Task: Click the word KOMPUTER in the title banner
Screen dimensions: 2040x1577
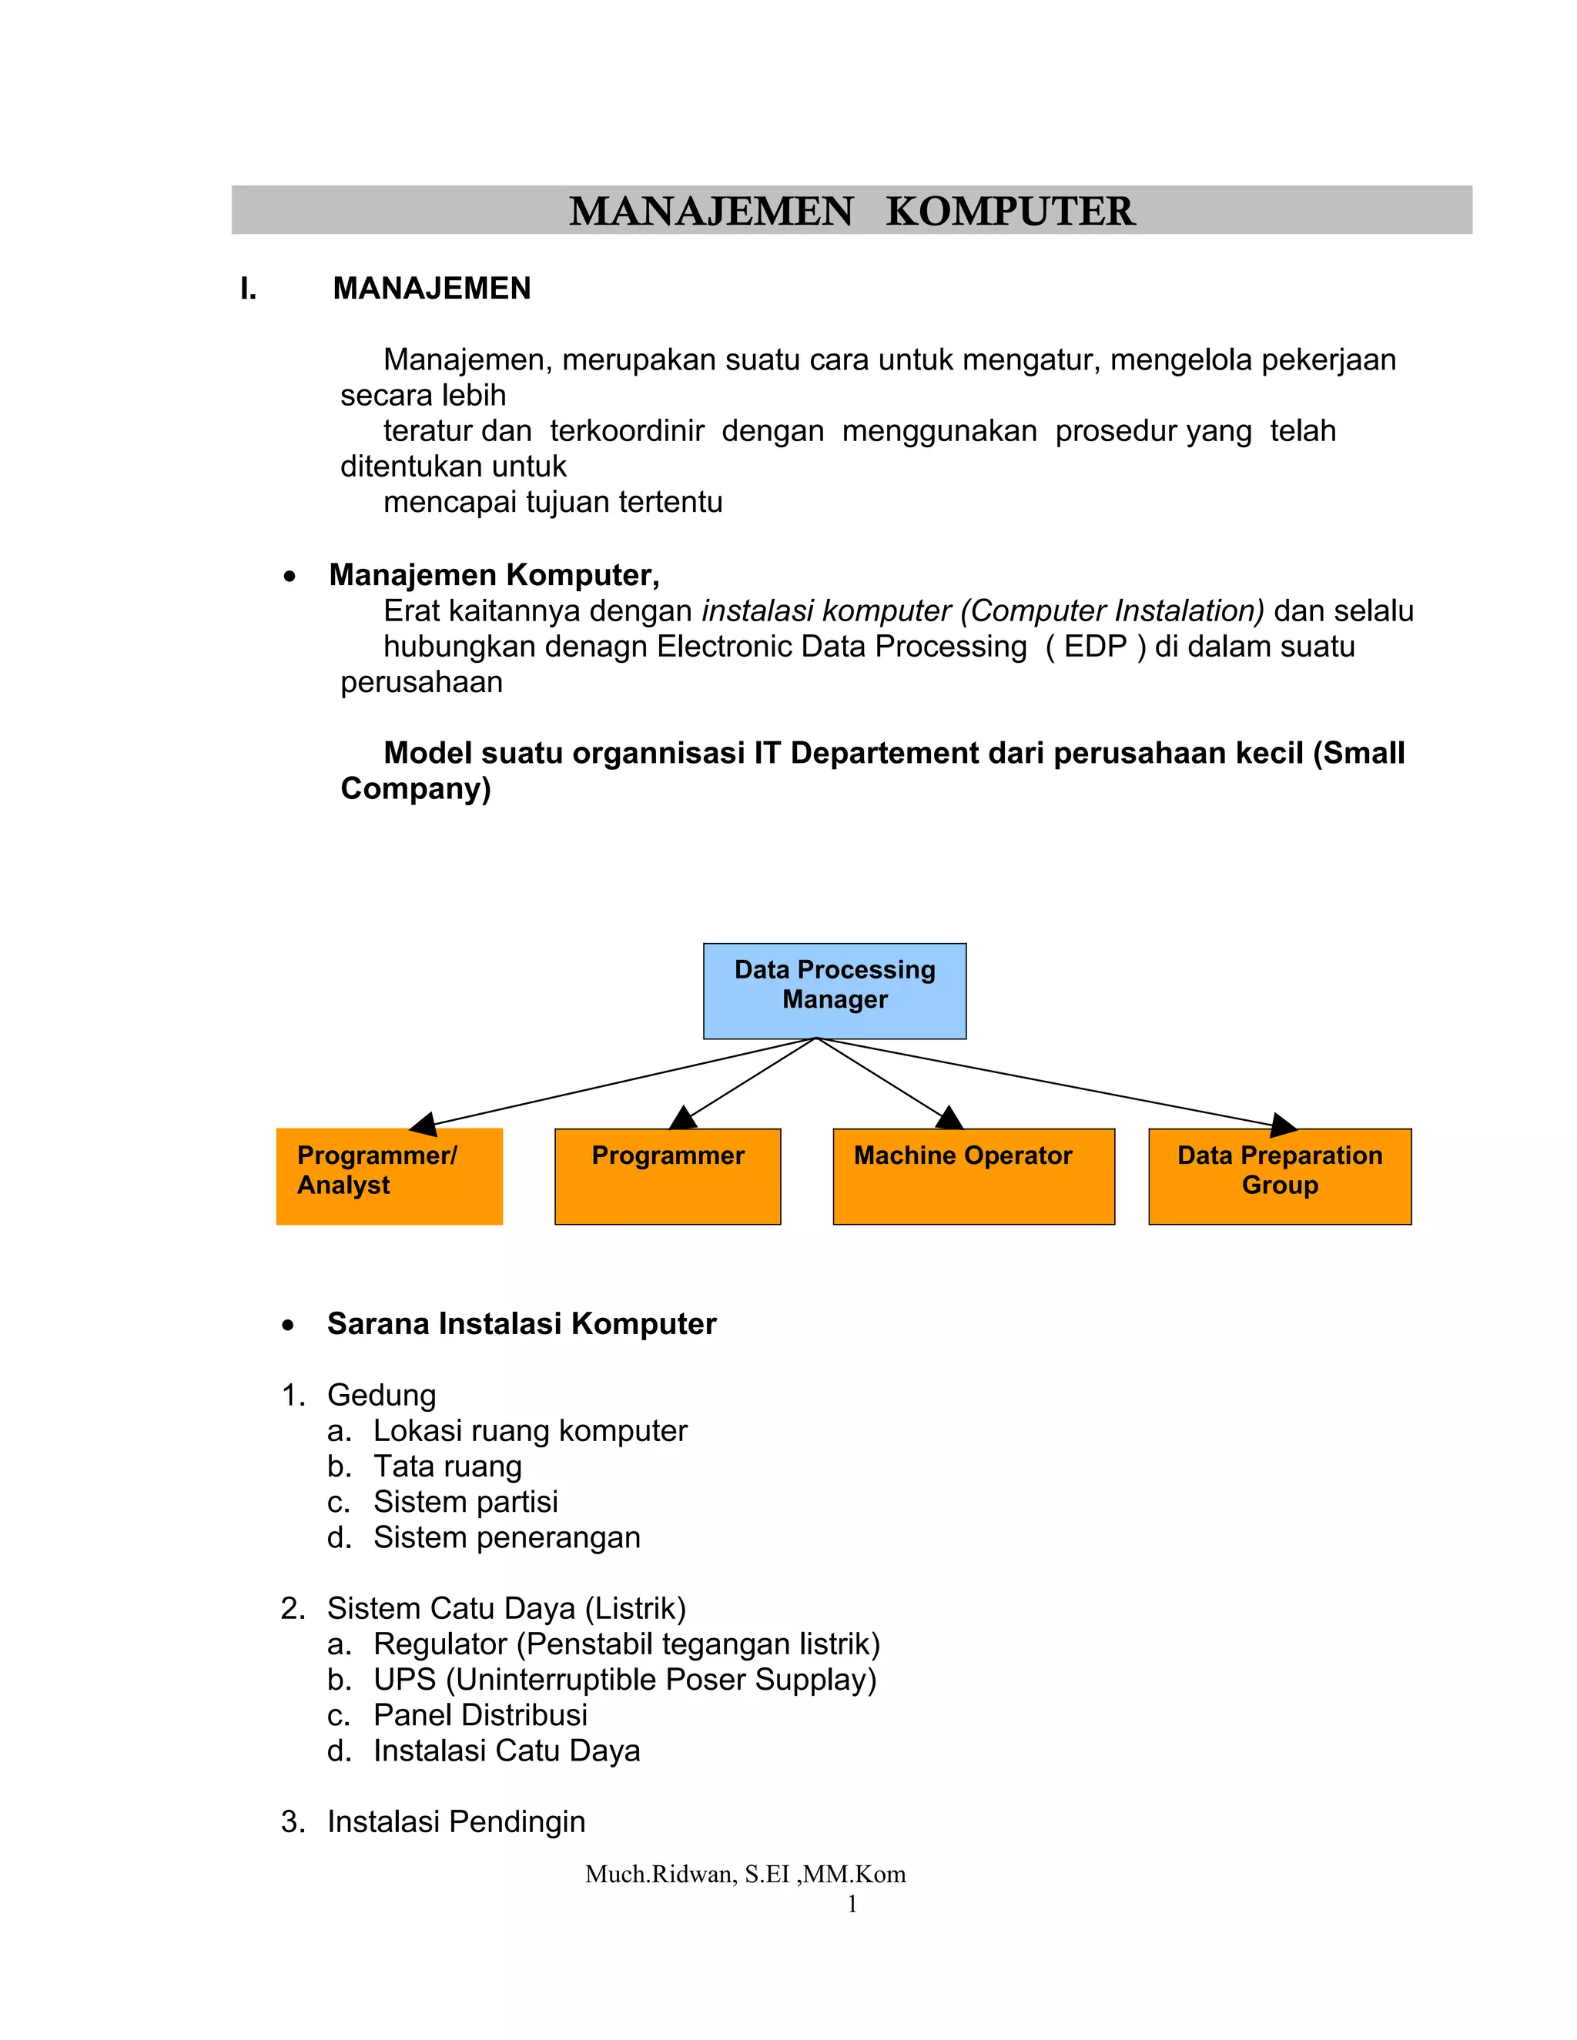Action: (x=1010, y=211)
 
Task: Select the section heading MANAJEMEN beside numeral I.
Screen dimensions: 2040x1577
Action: (x=432, y=289)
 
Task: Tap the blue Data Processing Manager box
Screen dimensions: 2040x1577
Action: (x=834, y=990)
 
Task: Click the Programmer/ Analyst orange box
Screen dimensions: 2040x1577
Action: (x=390, y=1176)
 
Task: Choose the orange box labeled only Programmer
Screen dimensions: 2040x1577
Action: (x=667, y=1176)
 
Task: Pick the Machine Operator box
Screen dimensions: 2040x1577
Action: (x=973, y=1176)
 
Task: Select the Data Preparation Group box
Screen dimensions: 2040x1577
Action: (x=1279, y=1176)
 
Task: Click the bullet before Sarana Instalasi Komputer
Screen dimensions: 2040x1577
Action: (x=289, y=1326)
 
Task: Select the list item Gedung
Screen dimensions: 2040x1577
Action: (x=381, y=1396)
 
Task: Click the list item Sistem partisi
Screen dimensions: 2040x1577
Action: (x=465, y=1502)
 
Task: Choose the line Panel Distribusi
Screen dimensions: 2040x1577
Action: (x=480, y=1715)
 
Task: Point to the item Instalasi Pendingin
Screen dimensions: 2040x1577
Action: (x=456, y=1821)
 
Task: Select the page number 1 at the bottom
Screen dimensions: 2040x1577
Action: (x=852, y=1904)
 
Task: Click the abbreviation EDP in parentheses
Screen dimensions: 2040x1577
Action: (x=1095, y=647)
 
